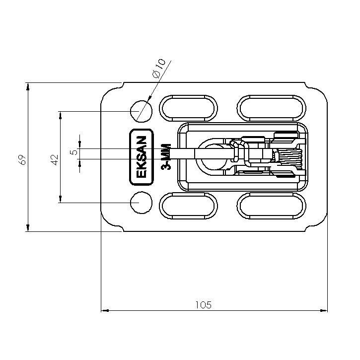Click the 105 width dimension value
tap(203, 305)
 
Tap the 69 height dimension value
tap(22, 160)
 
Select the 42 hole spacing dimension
tap(55, 160)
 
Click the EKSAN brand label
tap(141, 157)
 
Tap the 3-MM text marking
tap(166, 157)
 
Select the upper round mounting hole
tap(141, 111)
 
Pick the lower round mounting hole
tap(141, 203)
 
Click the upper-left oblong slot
tap(188, 108)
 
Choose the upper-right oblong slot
tap(272, 108)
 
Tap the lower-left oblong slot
tap(188, 206)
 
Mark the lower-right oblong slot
tap(272, 206)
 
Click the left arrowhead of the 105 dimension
tap(105, 311)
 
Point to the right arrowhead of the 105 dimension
tap(324, 311)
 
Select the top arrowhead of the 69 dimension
tap(28, 86)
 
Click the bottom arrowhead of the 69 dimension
tap(28, 227)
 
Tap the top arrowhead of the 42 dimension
tap(61, 115)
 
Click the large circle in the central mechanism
tap(214, 157)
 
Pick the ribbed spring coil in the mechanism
tap(289, 158)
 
